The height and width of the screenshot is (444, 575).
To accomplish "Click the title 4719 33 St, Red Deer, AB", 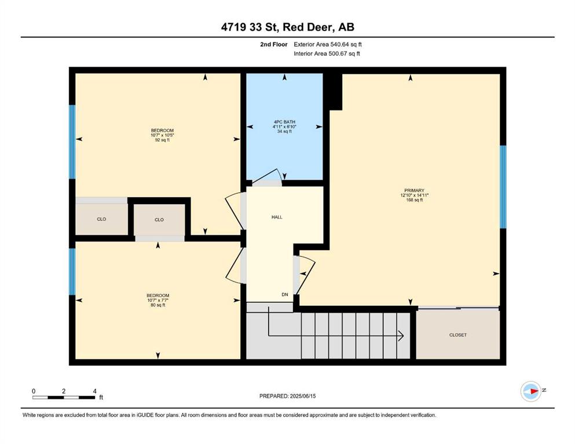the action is tap(287, 27).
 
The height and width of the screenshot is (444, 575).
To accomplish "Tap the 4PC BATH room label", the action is tap(284, 122).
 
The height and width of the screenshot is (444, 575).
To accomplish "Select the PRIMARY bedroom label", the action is tap(415, 190).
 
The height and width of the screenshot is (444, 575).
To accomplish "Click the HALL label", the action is tap(277, 217).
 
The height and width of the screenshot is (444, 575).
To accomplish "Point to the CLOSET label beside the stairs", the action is tap(458, 335).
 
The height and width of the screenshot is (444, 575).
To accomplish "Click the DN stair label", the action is tap(285, 295).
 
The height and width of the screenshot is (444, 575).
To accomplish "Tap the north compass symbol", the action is tap(531, 391).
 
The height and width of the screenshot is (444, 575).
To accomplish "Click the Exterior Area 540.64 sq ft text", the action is tap(328, 45).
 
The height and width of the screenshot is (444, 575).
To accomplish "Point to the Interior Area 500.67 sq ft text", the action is tap(327, 53).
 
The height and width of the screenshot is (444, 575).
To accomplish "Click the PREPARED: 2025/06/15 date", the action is tap(287, 396).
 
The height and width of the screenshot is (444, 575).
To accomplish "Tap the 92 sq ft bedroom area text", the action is tap(162, 140).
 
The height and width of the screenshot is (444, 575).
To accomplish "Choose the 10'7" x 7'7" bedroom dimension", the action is tap(158, 300).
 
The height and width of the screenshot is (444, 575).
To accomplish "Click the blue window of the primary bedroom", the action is tap(503, 187).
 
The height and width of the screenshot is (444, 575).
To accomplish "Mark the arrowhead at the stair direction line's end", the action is tap(401, 335).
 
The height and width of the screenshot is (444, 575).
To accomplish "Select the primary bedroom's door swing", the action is tap(306, 275).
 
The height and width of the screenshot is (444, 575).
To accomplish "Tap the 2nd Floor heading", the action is tap(274, 45).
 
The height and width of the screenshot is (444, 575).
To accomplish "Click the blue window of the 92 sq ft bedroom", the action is tap(72, 142).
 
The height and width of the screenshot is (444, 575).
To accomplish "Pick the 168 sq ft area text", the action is tap(415, 200).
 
